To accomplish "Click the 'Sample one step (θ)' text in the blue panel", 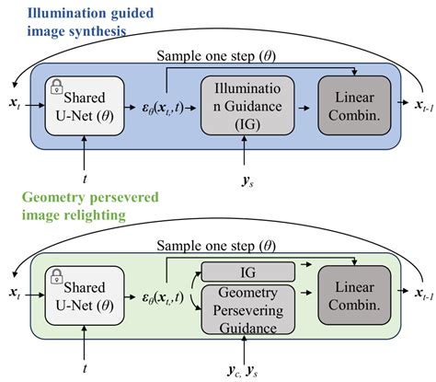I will click(217, 55).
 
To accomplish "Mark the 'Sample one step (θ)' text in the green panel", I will click(217, 246).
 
